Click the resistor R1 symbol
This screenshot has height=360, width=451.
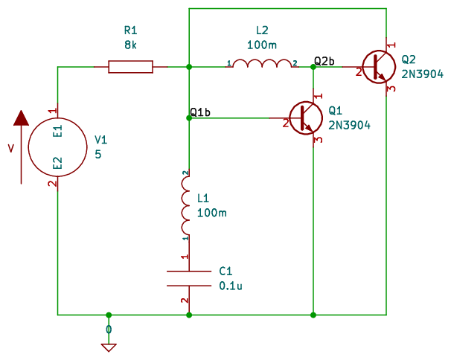pyautogui.click(x=131, y=67)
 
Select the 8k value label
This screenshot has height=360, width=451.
pyautogui.click(x=131, y=45)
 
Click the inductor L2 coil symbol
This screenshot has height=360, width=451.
pyautogui.click(x=262, y=65)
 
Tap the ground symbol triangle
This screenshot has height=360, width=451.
pyautogui.click(x=109, y=347)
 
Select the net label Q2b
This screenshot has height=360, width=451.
pyautogui.click(x=324, y=60)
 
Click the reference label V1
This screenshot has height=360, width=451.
pyautogui.click(x=101, y=139)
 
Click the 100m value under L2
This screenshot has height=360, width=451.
pyautogui.click(x=262, y=45)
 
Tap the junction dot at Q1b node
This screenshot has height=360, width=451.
pyautogui.click(x=189, y=118)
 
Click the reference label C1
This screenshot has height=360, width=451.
pyautogui.click(x=225, y=271)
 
